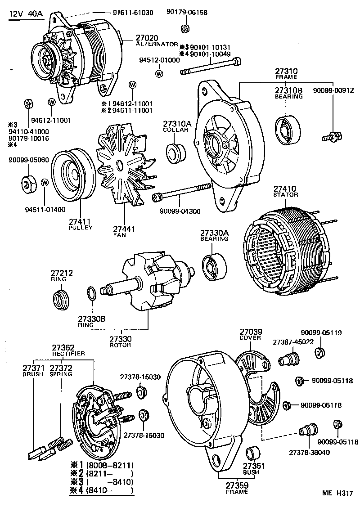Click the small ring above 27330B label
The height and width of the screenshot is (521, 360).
(x=91, y=294)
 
